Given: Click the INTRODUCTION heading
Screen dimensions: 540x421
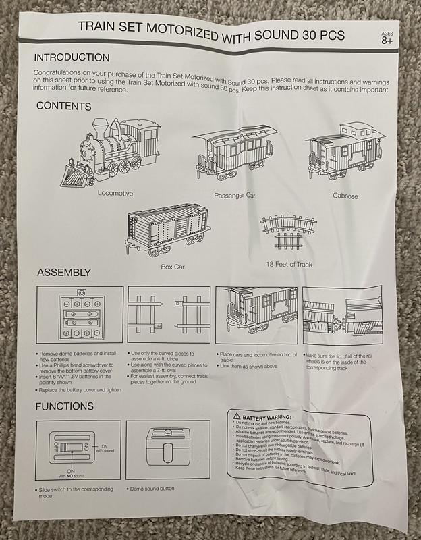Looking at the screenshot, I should click(72, 58).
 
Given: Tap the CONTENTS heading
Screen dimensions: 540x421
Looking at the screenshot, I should click(63, 106).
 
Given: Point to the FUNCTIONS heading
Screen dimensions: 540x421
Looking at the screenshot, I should click(65, 406).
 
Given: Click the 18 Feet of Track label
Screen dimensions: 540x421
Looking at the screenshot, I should click(289, 264).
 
